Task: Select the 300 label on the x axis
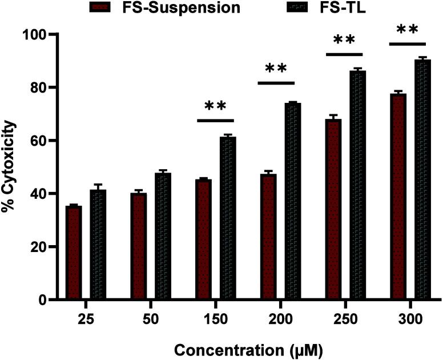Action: click(x=410, y=318)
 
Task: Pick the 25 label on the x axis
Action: click(x=86, y=318)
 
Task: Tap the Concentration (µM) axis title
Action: click(x=248, y=347)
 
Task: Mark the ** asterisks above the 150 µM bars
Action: click(x=216, y=107)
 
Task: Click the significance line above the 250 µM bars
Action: click(x=345, y=54)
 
